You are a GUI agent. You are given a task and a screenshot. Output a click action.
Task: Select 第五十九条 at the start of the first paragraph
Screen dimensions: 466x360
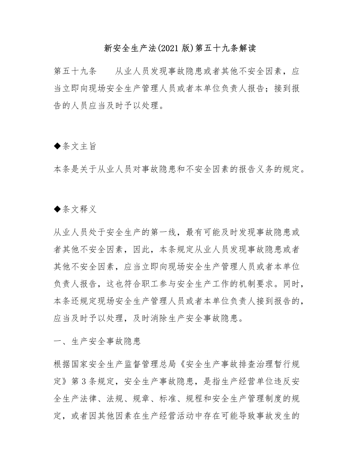pyautogui.click(x=75, y=71)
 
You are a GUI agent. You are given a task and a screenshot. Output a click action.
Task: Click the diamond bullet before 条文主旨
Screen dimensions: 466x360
pyautogui.click(x=56, y=147)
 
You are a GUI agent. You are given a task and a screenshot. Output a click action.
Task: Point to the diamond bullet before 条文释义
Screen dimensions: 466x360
pyautogui.click(x=56, y=209)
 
